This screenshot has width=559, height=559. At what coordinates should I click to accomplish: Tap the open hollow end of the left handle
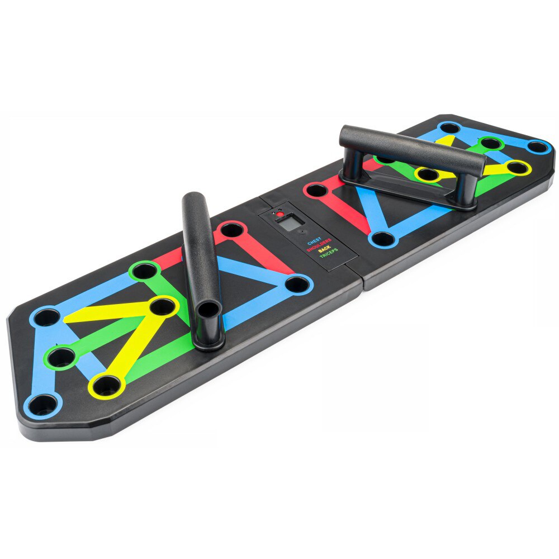click(209, 309)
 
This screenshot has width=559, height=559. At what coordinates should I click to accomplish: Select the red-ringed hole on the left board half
click(231, 229)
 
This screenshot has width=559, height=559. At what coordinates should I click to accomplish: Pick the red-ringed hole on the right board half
click(317, 190)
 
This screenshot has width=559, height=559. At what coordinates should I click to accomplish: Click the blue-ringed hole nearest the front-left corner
click(42, 405)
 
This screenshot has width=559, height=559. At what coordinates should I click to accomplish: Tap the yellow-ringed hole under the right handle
click(428, 174)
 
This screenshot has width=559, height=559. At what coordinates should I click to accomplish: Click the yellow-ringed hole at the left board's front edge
click(107, 386)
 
